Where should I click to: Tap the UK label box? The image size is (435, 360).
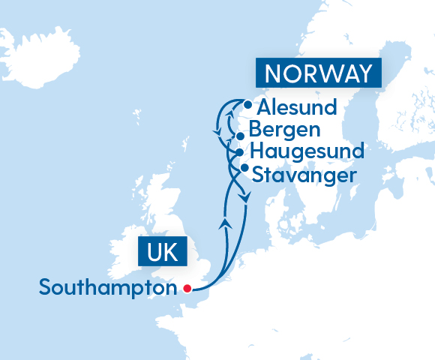pos(162,252)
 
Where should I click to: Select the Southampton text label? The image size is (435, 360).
pos(106,287)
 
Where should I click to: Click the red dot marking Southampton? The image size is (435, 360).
pos(187,287)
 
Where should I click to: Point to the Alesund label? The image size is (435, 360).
pos(297,107)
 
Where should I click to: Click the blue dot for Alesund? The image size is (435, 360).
pos(247,105)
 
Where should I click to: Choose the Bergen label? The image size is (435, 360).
pos(284,129)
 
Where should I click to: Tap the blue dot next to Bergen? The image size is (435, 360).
pos(239,136)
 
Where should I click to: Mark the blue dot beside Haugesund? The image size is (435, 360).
pos(239,152)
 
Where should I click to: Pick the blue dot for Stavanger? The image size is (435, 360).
pos(244,168)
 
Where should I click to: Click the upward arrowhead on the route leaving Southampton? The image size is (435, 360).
pos(226,222)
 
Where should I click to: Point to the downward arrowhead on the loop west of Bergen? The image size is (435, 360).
pos(217,133)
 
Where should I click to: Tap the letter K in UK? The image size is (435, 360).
pos(172,252)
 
